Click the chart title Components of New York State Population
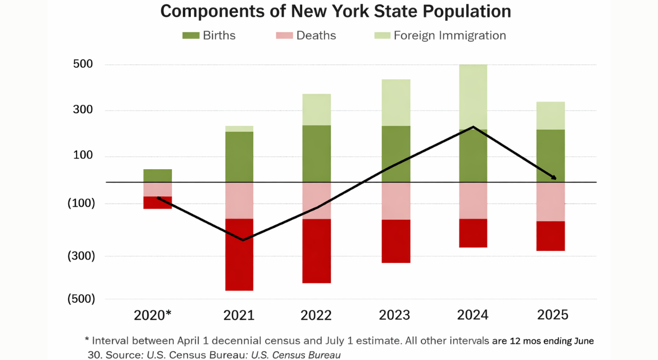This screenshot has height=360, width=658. click(x=336, y=11)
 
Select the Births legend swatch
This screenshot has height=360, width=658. click(x=191, y=35)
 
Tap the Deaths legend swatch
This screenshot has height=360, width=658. click(x=284, y=35)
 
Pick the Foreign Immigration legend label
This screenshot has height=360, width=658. click(x=450, y=35)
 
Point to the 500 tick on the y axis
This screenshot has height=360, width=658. click(x=82, y=64)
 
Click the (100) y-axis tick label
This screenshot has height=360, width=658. click(x=81, y=204)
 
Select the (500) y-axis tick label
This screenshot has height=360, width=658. click(x=81, y=299)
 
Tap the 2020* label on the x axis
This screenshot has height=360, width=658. click(x=153, y=315)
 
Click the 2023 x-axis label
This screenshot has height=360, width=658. click(x=395, y=315)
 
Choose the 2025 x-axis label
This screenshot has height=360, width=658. click(x=553, y=315)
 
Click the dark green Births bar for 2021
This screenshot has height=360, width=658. click(x=239, y=157)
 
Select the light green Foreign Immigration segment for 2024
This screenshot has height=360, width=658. click(x=473, y=97)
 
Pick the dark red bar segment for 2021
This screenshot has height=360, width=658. click(x=239, y=255)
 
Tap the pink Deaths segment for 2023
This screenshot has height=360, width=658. click(x=396, y=201)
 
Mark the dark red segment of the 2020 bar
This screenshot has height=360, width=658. click(x=157, y=203)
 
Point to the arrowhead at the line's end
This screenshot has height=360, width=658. click(x=554, y=178)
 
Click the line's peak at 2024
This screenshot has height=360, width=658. click(x=473, y=127)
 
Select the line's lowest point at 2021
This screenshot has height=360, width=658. click(x=243, y=240)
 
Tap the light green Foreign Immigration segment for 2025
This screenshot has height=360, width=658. click(x=551, y=116)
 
